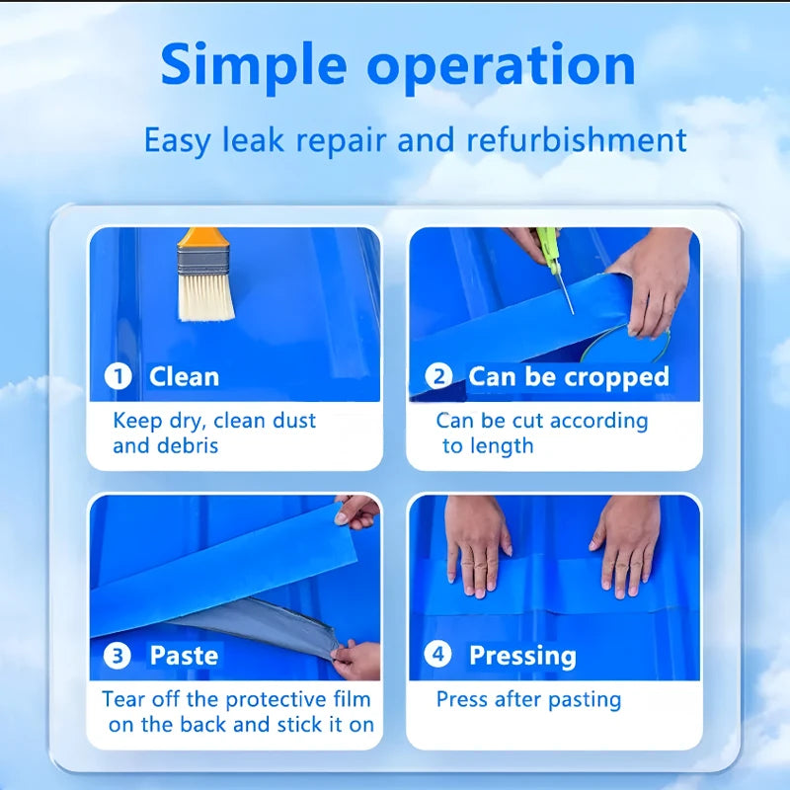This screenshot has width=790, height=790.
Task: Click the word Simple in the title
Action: pos(253,65)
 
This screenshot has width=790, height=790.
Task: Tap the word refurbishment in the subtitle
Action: pos(577,140)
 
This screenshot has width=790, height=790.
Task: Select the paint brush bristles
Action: pos(205,296)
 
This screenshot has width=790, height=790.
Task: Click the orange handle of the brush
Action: pos(200,237)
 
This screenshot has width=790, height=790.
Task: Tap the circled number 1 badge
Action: pos(118,376)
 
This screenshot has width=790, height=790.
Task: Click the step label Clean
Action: pos(184,376)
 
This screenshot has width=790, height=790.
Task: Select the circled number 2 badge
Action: pos(439,376)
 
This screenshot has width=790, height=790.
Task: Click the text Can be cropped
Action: pos(568,376)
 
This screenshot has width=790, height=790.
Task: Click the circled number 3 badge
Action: pos(118,655)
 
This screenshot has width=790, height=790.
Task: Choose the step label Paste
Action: pos(184,655)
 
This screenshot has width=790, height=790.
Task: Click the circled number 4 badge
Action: pos(439,655)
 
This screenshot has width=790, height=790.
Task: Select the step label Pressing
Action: pos(521,655)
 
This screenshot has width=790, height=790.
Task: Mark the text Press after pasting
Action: pos(528,700)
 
